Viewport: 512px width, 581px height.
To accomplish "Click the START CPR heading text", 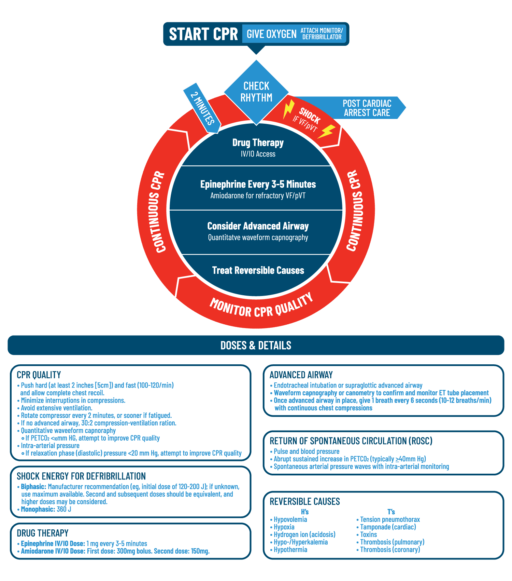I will [203, 34].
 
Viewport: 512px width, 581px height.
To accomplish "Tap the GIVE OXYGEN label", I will [271, 34].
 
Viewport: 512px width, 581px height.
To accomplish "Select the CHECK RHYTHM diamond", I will [256, 92].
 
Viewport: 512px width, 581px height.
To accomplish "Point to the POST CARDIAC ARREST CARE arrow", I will [367, 108].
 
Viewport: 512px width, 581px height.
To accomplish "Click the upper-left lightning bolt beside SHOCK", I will [288, 108].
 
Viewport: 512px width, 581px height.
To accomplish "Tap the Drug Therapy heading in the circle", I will [258, 143].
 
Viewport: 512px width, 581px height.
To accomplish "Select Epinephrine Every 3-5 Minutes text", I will [258, 185].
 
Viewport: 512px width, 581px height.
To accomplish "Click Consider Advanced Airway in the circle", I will [258, 226].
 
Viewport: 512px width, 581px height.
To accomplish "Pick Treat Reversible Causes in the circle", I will [258, 271].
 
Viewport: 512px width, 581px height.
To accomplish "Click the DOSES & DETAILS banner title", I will [256, 346].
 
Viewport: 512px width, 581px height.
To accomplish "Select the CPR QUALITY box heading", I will [39, 375].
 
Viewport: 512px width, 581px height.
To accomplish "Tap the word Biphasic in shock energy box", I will [33, 487].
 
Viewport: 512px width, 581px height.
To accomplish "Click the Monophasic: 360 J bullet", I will [46, 509].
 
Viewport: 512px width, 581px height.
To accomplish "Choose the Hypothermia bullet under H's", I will [290, 550].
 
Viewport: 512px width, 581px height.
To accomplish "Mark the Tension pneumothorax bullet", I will [389, 519].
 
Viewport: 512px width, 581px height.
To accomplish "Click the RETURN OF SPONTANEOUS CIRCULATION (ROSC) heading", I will [351, 441].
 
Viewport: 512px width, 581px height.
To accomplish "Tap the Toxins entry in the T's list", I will [368, 535].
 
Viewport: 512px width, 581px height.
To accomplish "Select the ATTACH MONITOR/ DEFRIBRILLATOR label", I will [322, 34].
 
